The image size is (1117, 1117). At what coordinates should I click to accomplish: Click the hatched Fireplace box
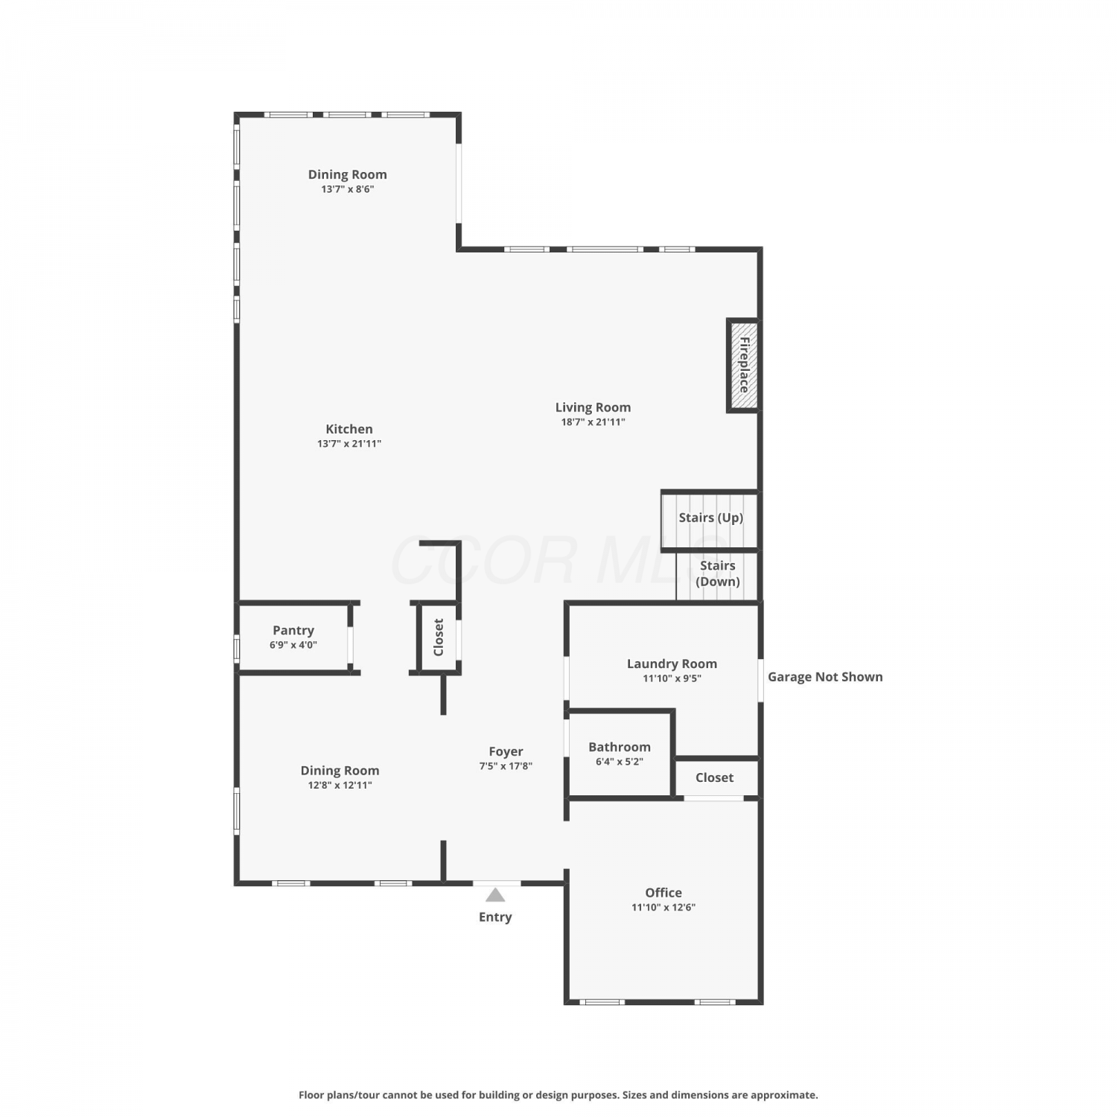[x=743, y=365]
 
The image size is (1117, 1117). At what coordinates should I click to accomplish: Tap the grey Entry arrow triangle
[x=495, y=894]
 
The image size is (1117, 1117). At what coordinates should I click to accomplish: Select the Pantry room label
[x=293, y=631]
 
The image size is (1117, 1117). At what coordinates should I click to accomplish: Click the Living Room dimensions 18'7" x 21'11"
[x=593, y=422]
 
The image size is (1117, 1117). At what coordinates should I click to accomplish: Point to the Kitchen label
[x=349, y=429]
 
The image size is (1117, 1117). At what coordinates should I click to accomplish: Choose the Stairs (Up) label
[x=711, y=518]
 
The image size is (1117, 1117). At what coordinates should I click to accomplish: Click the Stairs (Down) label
[x=718, y=573]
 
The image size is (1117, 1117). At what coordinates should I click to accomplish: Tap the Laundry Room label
[x=672, y=663]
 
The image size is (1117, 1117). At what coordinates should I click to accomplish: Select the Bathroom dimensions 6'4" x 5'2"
[x=620, y=762]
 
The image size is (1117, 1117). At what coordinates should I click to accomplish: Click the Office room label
[x=663, y=892]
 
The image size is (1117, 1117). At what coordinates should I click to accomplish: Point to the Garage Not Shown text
[x=825, y=677]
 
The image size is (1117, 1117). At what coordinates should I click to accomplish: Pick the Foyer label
[x=506, y=751]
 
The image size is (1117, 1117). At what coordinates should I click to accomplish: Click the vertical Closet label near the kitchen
[x=439, y=637]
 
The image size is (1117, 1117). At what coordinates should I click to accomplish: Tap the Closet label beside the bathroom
[x=714, y=777]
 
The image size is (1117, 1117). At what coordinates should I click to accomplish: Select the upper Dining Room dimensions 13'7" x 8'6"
[x=348, y=189]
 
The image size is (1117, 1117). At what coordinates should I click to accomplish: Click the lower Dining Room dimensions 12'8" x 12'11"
[x=340, y=785]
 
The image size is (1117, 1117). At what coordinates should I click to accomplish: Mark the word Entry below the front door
[x=495, y=917]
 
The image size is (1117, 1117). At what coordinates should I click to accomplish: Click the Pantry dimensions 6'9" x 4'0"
[x=293, y=645]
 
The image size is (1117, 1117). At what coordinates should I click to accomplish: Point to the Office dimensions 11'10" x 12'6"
[x=663, y=907]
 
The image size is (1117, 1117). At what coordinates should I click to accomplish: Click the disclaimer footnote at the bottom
[x=558, y=1095]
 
